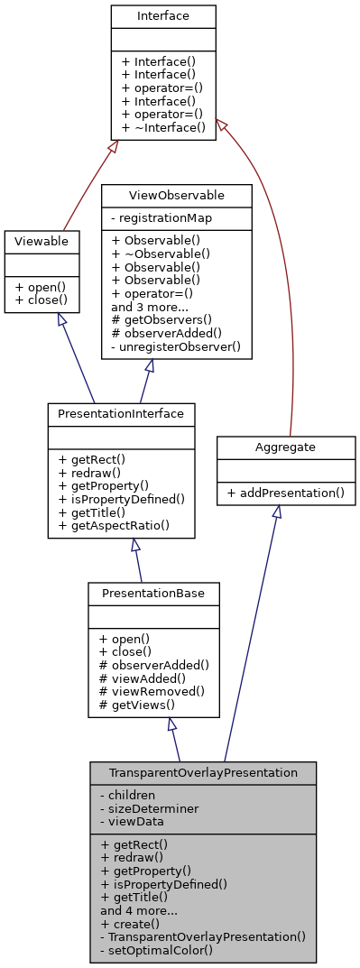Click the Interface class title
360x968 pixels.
[x=163, y=16]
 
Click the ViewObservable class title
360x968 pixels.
[x=176, y=195]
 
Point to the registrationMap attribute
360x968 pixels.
[x=160, y=217]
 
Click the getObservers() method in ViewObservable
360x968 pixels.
[x=163, y=318]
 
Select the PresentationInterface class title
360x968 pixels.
[x=121, y=414]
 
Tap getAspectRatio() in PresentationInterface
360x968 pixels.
[x=114, y=525]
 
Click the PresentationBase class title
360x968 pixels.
[x=153, y=594]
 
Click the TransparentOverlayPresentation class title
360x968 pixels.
[x=203, y=773]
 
